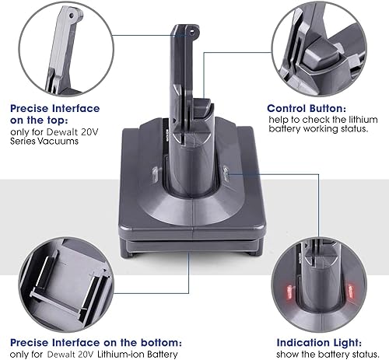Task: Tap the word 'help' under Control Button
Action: click(279, 119)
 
